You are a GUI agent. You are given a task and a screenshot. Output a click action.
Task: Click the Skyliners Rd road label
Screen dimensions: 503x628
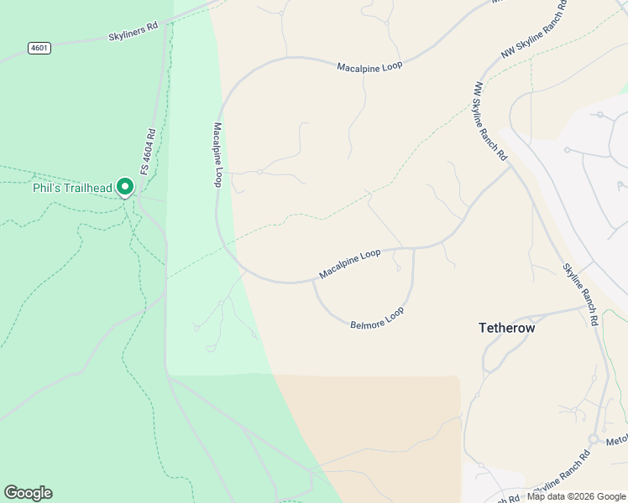tap(133, 32)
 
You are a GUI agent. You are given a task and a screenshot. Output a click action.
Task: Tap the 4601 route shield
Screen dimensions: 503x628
tap(39, 48)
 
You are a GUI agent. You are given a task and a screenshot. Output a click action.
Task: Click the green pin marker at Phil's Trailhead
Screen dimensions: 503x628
tap(125, 186)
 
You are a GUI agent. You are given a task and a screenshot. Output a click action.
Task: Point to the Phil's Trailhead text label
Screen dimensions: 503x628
tap(71, 188)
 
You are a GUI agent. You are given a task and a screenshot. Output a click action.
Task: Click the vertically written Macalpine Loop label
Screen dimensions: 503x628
tap(217, 155)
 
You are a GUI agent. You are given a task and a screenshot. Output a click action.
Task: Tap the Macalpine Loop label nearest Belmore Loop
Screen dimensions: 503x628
tap(349, 264)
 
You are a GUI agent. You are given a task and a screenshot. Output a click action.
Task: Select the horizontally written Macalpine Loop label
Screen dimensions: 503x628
tap(369, 66)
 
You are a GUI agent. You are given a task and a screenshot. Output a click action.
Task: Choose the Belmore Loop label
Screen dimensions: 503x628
tap(377, 317)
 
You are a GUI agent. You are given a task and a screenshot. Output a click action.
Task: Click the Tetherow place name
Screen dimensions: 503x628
tap(506, 328)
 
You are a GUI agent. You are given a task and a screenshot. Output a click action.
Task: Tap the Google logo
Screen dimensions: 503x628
tap(28, 493)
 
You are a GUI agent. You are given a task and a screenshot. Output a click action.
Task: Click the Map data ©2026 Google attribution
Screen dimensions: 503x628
tap(577, 496)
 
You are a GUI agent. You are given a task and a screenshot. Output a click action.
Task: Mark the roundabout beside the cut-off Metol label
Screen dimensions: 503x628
tap(593, 439)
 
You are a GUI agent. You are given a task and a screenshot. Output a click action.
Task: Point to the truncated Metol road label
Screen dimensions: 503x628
tap(616, 439)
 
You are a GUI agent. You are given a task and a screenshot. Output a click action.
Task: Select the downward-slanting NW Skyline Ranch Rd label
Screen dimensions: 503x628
tap(489, 121)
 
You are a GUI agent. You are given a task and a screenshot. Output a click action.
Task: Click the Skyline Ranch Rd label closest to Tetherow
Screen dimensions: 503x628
tap(580, 294)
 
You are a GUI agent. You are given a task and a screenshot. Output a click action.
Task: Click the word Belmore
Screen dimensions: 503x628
tap(366, 320)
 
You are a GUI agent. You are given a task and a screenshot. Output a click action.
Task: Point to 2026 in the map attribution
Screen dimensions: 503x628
tap(579, 496)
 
